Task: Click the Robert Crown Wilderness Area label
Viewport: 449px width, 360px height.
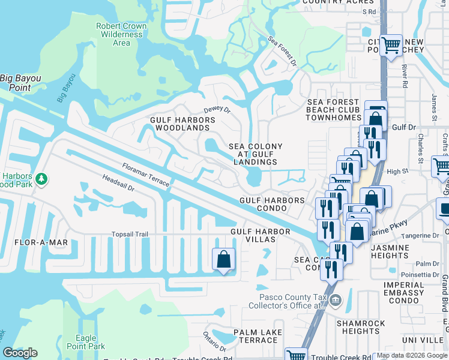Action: pyautogui.click(x=121, y=34)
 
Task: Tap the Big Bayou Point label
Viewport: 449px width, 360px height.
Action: pyautogui.click(x=23, y=83)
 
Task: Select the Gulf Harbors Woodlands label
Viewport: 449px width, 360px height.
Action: pyautogui.click(x=182, y=124)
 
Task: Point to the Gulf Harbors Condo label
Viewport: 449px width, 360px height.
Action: pyautogui.click(x=273, y=205)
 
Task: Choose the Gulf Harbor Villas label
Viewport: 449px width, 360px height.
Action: pyautogui.click(x=253, y=235)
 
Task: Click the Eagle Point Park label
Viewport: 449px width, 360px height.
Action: pyautogui.click(x=90, y=342)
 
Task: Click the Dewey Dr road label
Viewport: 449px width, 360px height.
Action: pyautogui.click(x=217, y=110)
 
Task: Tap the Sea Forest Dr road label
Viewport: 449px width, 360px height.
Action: pyautogui.click(x=282, y=52)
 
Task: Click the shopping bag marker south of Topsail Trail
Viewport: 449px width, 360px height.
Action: pyautogui.click(x=223, y=260)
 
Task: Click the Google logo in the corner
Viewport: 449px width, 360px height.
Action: pyautogui.click(x=20, y=353)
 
